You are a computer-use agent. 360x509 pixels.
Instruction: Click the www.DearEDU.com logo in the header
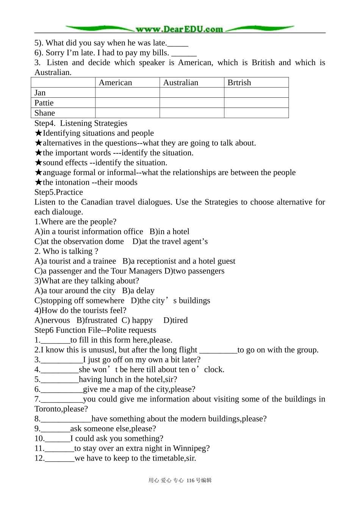[x=179, y=29]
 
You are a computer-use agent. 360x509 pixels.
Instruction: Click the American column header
[x=115, y=83]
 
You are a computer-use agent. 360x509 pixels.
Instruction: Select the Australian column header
[x=180, y=83]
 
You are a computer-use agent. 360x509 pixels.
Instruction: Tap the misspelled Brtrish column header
[x=239, y=83]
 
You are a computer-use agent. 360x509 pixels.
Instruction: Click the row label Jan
[x=40, y=93]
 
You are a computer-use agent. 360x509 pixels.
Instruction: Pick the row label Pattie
[x=44, y=103]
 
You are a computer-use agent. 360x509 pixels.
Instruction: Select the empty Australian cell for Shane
[x=192, y=113]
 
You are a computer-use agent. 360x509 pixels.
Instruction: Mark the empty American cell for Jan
[x=127, y=93]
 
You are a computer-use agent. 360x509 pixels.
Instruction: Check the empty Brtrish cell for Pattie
[x=256, y=103]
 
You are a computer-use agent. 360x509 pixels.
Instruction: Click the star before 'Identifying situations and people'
[x=38, y=133]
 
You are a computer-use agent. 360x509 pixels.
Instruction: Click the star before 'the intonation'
[x=38, y=182]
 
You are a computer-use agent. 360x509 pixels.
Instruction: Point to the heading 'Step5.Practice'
[x=58, y=192]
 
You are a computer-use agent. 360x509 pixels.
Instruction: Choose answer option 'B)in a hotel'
[x=169, y=231]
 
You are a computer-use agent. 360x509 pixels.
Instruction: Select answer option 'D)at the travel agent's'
[x=170, y=241]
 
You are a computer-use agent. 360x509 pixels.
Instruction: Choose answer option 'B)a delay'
[x=138, y=290]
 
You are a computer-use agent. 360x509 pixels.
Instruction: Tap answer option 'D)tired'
[x=175, y=320]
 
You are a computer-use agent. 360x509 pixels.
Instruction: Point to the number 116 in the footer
[x=190, y=480]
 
